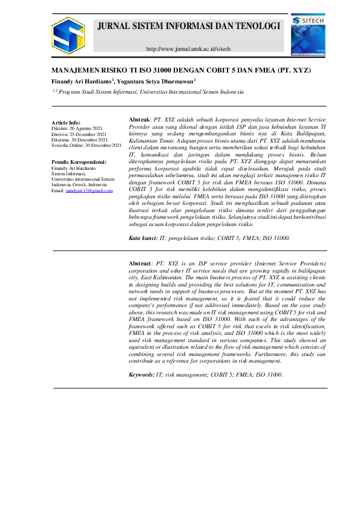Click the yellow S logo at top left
click(x=68, y=35)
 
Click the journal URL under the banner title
click(x=188, y=48)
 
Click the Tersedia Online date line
click(x=87, y=146)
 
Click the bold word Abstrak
click(x=141, y=120)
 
